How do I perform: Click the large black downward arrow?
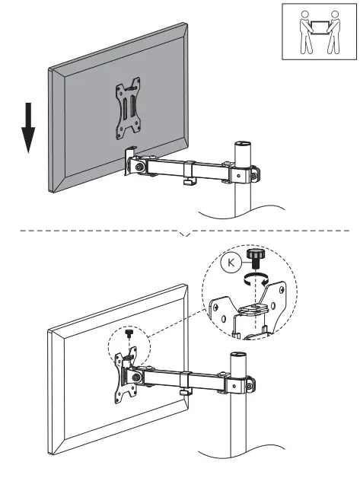click(28, 127)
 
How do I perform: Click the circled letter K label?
click(231, 263)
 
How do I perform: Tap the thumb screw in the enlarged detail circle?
click(254, 258)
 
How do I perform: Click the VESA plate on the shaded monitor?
click(128, 109)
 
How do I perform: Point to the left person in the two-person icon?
click(305, 32)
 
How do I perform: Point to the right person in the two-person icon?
click(333, 32)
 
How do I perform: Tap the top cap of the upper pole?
click(242, 144)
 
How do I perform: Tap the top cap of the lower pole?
click(238, 355)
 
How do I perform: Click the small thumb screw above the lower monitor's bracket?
click(129, 333)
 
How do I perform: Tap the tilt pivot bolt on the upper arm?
click(140, 167)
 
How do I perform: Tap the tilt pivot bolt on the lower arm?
click(135, 378)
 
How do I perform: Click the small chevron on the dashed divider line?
click(186, 234)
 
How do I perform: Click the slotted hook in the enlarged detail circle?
click(253, 309)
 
